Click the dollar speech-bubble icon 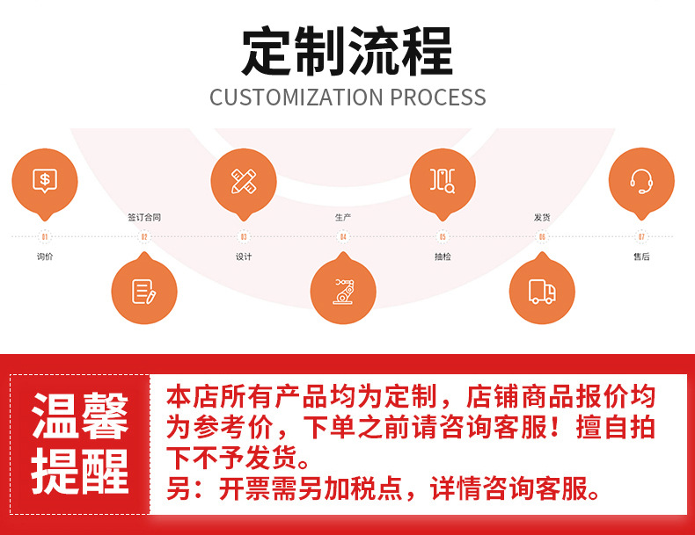(45, 181)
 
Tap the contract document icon (144, 291)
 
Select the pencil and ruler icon (244, 181)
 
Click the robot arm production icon (343, 291)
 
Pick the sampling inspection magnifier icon (443, 181)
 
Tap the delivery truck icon (542, 291)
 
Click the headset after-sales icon (641, 181)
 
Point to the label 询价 (45, 257)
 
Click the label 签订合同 (144, 217)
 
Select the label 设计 (244, 257)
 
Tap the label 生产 (343, 217)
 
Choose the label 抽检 (443, 257)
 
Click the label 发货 (542, 217)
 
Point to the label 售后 (641, 257)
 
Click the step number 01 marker (45, 236)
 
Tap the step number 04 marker (343, 236)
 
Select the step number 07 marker (641, 236)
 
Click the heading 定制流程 (347, 51)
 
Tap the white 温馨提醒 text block (80, 444)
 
